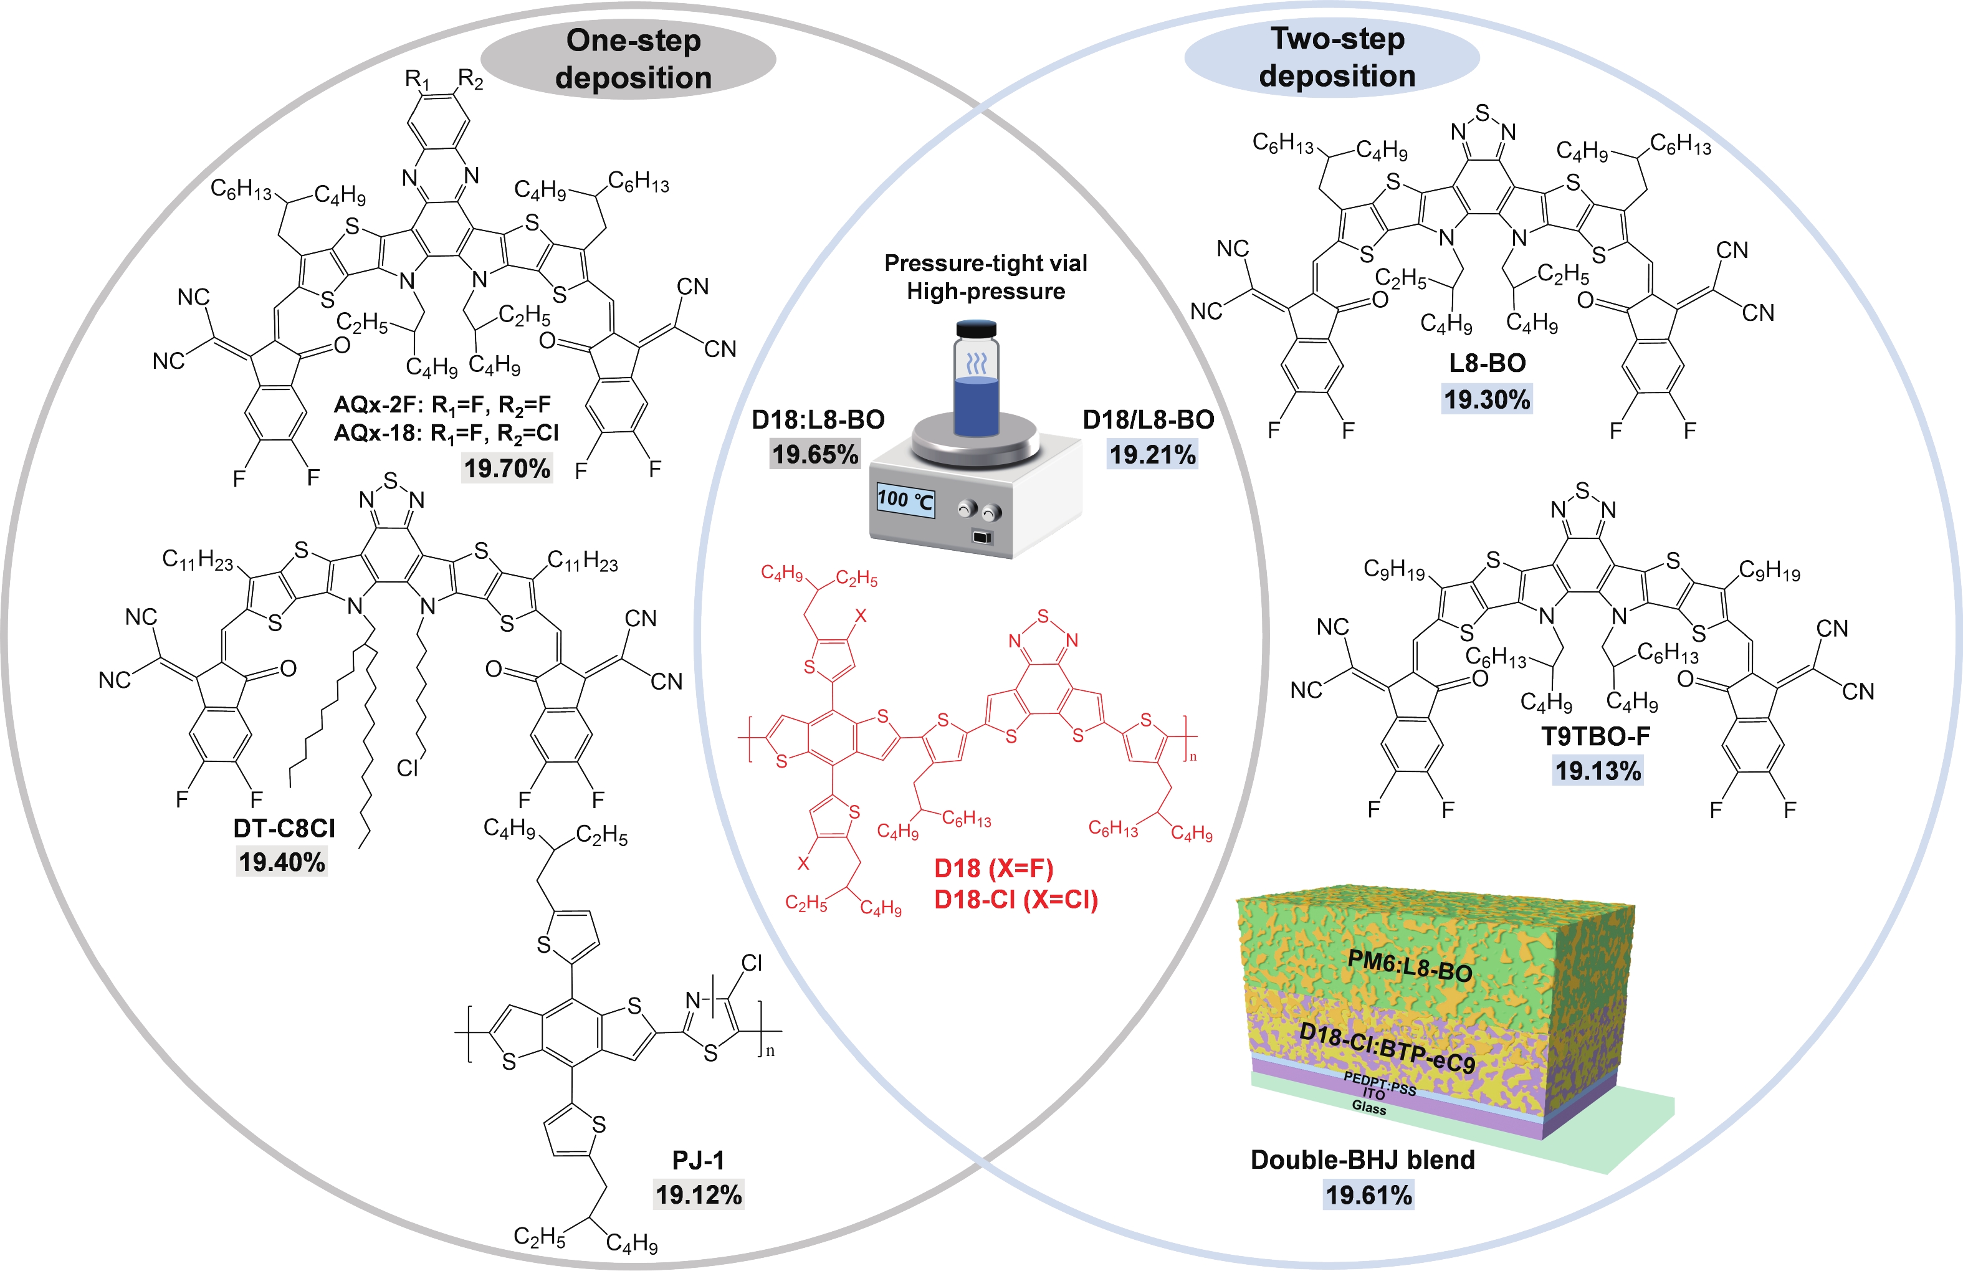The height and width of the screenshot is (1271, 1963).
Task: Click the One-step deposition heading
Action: point(633,59)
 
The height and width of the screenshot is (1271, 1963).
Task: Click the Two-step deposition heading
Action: point(1336,57)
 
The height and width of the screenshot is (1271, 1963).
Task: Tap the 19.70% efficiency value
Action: point(507,469)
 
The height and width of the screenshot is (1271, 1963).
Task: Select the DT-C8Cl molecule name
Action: point(284,828)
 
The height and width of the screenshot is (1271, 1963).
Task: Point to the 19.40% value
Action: point(282,862)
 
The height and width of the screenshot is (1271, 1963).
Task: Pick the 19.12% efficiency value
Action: point(699,1194)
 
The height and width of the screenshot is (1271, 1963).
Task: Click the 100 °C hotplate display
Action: point(905,500)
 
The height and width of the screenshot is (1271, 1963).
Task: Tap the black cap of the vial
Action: point(977,328)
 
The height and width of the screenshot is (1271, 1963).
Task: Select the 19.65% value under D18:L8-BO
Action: point(815,454)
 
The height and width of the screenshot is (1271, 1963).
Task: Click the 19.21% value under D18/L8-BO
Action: point(1152,454)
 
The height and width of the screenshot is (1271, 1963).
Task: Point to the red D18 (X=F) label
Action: point(994,868)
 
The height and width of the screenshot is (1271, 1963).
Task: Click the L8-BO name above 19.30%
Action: point(1487,363)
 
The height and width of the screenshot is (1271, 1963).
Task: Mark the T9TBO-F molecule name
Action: point(1596,736)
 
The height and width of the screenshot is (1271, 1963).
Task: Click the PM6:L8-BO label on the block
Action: point(1409,966)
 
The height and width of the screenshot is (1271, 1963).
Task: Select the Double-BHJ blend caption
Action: point(1362,1159)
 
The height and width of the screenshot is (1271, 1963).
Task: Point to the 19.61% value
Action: point(1369,1194)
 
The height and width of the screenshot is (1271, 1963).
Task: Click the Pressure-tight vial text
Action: point(986,263)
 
